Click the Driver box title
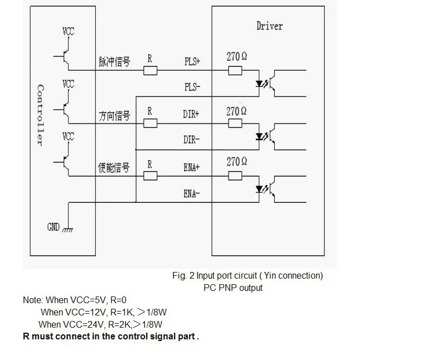tap(269, 26)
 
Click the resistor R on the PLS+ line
tap(149, 70)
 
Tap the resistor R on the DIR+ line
tap(149, 123)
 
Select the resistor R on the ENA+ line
tap(149, 176)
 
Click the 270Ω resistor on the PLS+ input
tap(235, 70)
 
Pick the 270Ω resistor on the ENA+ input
tap(235, 176)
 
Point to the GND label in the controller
tap(54, 227)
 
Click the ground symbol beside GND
tap(68, 229)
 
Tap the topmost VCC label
tap(67, 31)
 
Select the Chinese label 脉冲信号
tap(114, 61)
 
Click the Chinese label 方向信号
tap(114, 115)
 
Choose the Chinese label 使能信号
tap(114, 167)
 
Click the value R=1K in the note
tap(115, 312)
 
